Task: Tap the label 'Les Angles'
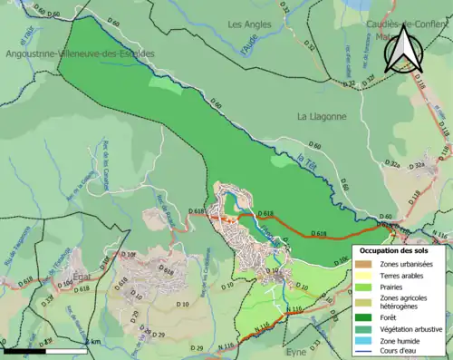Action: click(249, 24)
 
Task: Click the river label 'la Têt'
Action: click(310, 161)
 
